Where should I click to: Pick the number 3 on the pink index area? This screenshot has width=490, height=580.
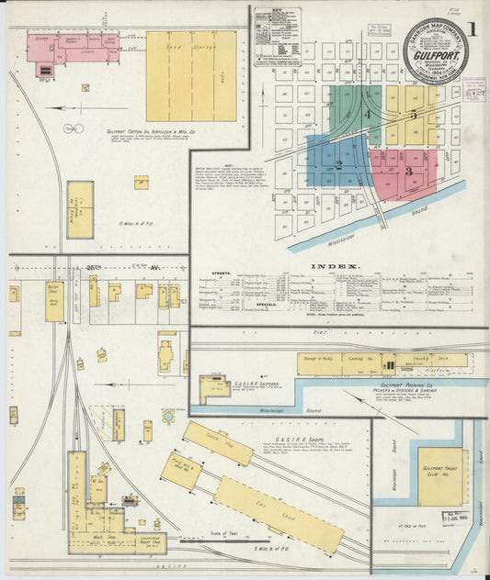408,171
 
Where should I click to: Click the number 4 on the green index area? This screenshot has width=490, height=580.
367,115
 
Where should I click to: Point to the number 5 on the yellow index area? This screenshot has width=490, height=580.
414,115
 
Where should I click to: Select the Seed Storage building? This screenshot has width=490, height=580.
191,76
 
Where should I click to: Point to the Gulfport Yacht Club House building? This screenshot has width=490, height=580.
441,476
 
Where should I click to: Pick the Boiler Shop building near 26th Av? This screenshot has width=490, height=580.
54,300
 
